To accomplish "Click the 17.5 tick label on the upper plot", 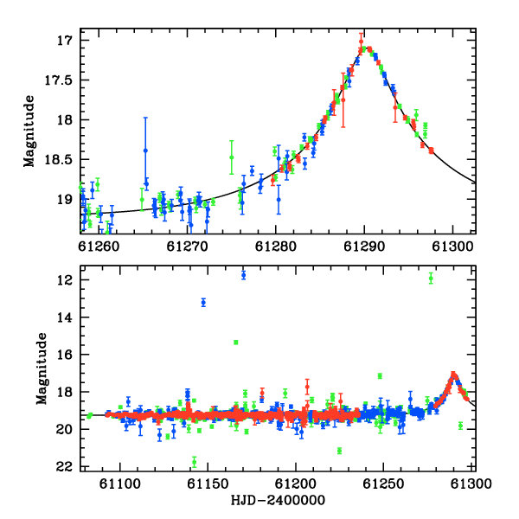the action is coord(58,80).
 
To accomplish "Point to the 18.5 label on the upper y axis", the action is coord(58,160).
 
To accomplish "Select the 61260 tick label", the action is coord(99,247).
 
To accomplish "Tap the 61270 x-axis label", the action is coord(188,247).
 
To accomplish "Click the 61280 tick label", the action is coord(276,247).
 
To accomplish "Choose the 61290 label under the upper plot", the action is coord(364,247).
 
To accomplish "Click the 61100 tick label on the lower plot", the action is coord(120,484).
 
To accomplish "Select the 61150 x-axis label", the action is coord(208,484).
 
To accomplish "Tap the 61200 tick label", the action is coord(296,484).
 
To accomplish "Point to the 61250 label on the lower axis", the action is coord(383,484).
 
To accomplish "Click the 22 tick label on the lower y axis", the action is coord(64,467).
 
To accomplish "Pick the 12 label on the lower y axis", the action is coord(64,280).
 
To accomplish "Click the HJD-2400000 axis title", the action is coord(278,500).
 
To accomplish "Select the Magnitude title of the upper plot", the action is coord(29,131).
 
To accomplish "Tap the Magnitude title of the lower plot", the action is coord(42,368).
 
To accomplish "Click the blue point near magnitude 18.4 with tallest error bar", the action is coord(145,151).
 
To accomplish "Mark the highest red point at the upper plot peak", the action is coord(361,42).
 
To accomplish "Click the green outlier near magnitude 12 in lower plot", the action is coord(431,279).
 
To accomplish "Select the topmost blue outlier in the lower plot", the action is coord(244,275).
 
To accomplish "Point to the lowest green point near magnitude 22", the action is coord(195,462).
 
